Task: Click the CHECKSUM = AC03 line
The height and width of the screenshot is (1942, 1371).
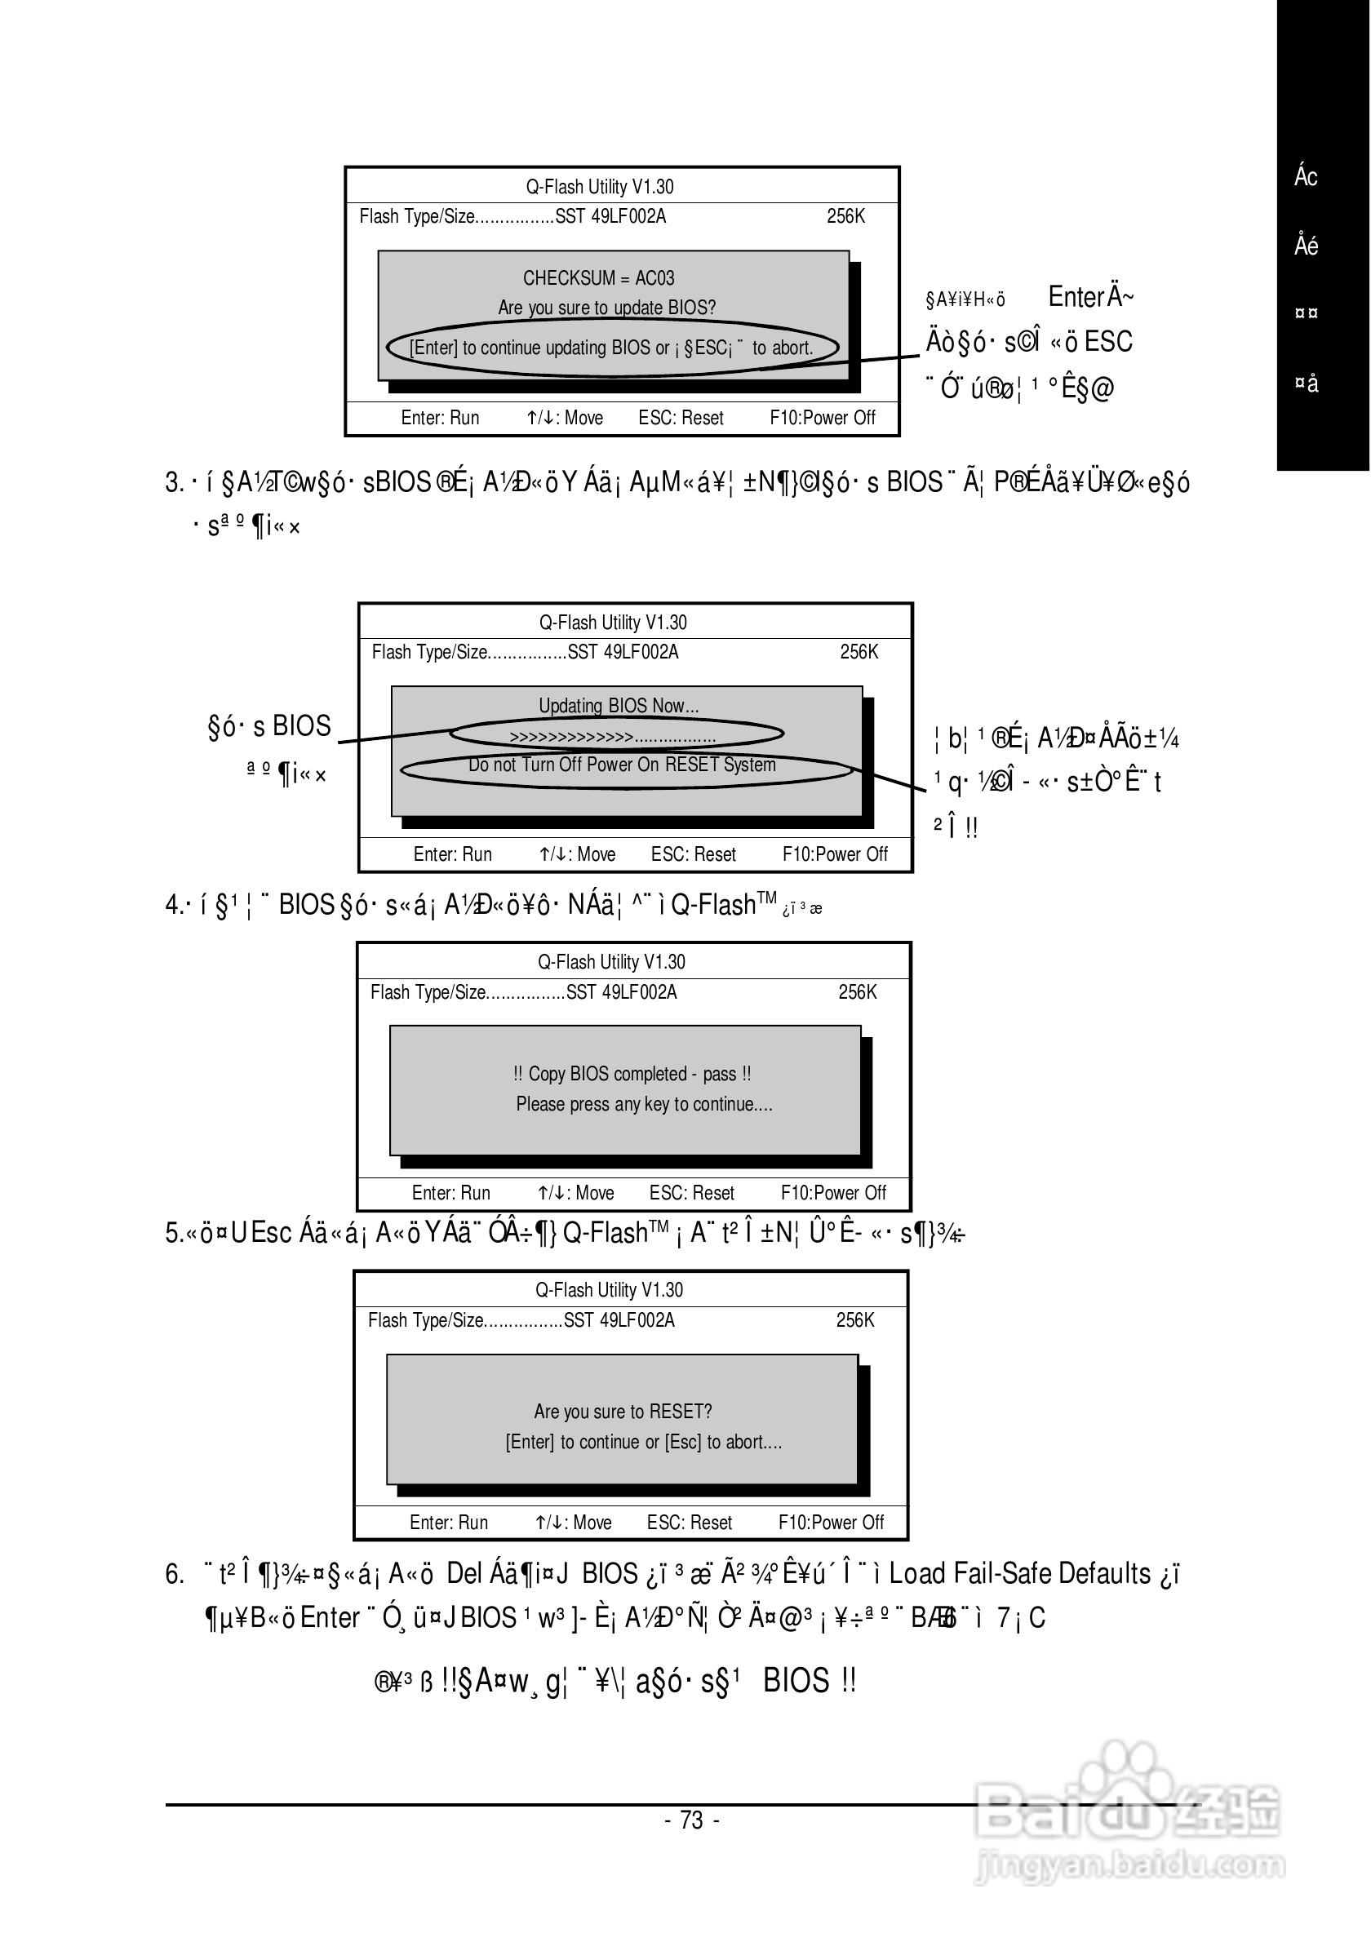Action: (598, 278)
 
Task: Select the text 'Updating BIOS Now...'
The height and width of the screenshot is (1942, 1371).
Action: (619, 706)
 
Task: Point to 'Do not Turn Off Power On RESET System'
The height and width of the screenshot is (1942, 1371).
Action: (622, 765)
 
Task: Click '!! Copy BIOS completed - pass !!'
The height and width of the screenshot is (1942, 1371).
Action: (632, 1074)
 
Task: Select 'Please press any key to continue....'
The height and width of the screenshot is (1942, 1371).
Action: (644, 1104)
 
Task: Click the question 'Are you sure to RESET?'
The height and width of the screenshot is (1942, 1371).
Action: (623, 1411)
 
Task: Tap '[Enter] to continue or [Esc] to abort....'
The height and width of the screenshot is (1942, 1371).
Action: (643, 1441)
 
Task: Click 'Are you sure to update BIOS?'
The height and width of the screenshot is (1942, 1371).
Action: (606, 307)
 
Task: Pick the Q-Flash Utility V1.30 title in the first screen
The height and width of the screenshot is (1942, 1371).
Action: (599, 186)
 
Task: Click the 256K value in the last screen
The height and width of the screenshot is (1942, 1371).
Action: (855, 1319)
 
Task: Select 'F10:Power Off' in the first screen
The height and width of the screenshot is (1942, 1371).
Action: (822, 418)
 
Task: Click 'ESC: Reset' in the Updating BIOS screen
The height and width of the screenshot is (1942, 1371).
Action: (693, 854)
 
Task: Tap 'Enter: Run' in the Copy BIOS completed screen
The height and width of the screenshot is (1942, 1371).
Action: (450, 1193)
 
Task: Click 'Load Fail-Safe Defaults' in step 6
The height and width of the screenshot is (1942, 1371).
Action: (1020, 1573)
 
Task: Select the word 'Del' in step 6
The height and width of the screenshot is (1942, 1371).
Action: (464, 1573)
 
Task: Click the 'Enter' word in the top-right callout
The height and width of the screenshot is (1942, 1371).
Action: (1076, 297)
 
